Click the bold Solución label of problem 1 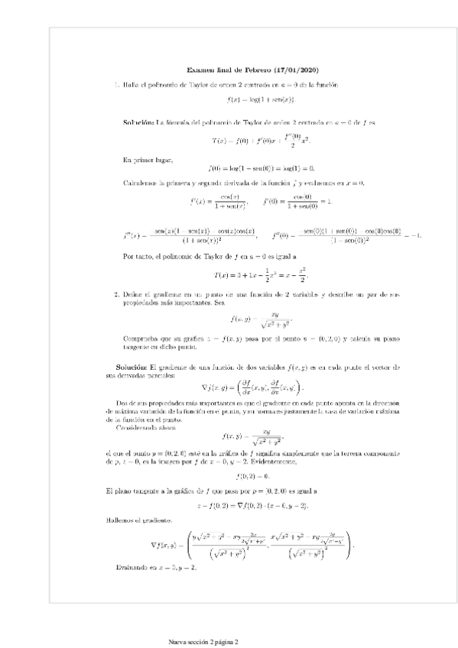click(x=138, y=122)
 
